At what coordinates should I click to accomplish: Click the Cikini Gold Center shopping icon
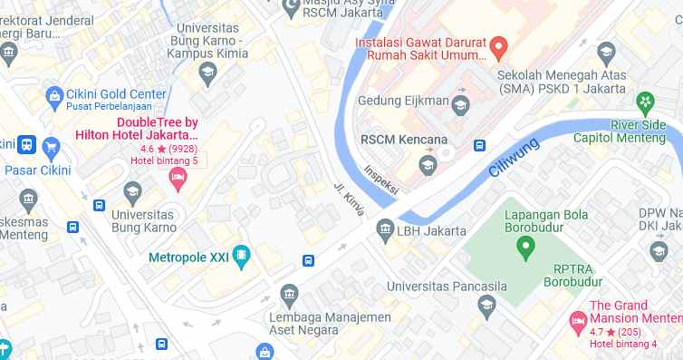pyautogui.click(x=53, y=94)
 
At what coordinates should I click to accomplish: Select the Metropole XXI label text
pyautogui.click(x=188, y=258)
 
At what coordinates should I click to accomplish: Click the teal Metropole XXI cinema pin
pyautogui.click(x=241, y=257)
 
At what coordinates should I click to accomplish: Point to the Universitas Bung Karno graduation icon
pyautogui.click(x=133, y=192)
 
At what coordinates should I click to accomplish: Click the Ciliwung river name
pyautogui.click(x=515, y=157)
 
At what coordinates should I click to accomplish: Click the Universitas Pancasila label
pyautogui.click(x=443, y=287)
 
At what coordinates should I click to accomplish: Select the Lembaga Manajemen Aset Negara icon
pyautogui.click(x=289, y=294)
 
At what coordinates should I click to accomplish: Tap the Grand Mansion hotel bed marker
pyautogui.click(x=576, y=319)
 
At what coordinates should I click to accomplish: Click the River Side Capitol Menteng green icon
pyautogui.click(x=645, y=101)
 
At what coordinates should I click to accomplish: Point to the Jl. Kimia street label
pyautogui.click(x=349, y=199)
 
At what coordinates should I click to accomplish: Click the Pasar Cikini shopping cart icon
pyautogui.click(x=52, y=145)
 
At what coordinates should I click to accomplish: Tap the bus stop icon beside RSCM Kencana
pyautogui.click(x=479, y=145)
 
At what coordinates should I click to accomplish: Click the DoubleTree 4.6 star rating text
pyautogui.click(x=168, y=149)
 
